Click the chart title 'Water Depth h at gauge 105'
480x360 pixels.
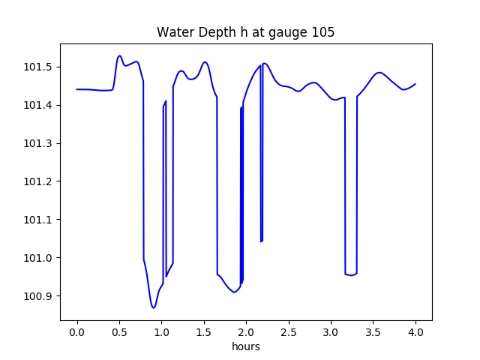245,33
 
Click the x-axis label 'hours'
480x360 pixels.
246,347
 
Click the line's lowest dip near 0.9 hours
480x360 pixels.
153,307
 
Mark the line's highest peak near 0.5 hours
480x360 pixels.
119,55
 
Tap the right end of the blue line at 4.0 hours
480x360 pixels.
415,84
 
